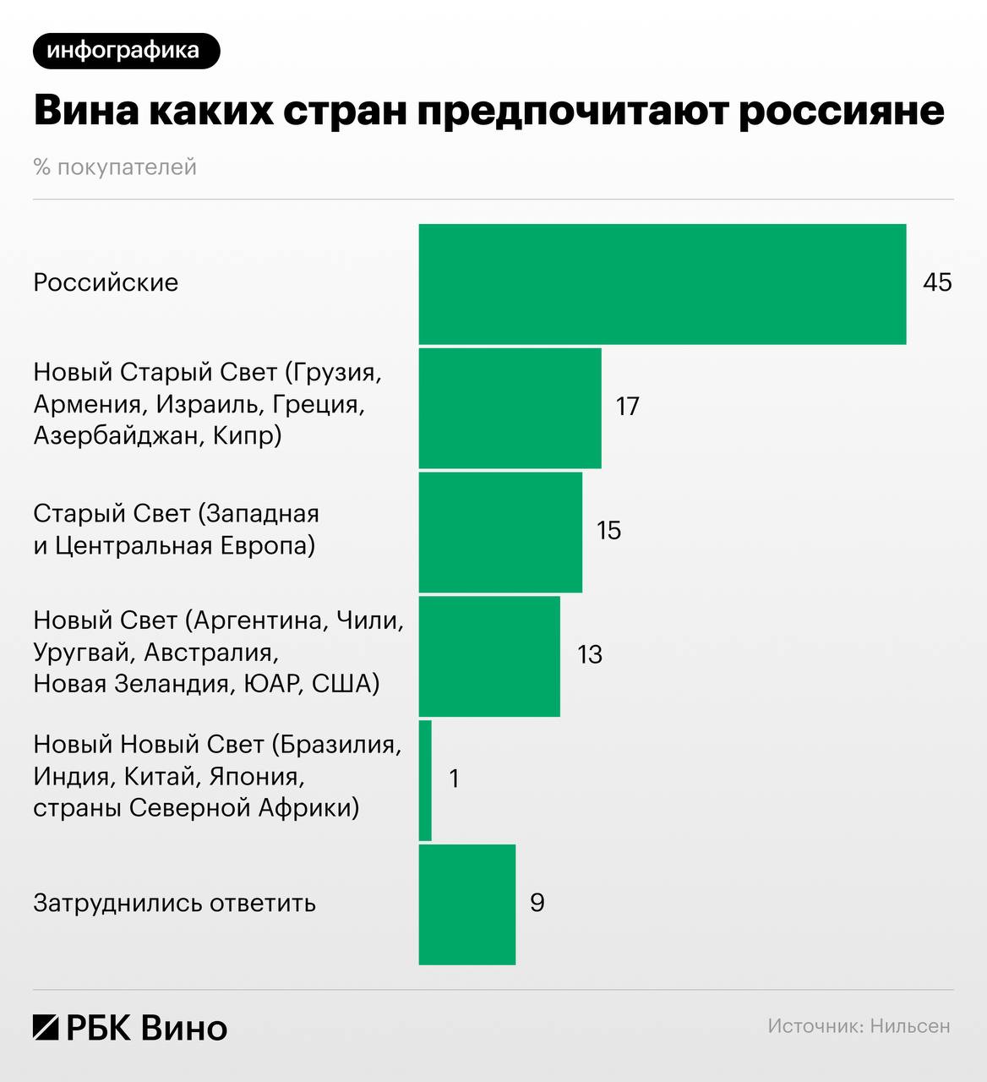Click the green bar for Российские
click(x=663, y=284)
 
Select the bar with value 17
click(x=510, y=407)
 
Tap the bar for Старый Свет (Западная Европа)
click(x=500, y=532)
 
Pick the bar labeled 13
click(x=489, y=656)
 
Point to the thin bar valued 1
click(x=425, y=780)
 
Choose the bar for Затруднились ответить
click(x=467, y=904)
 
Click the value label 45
click(x=937, y=282)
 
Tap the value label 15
click(x=608, y=531)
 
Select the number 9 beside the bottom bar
click(x=537, y=903)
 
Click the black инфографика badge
click(x=126, y=51)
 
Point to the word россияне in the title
click(x=842, y=112)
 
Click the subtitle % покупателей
click(x=115, y=167)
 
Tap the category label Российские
click(x=106, y=282)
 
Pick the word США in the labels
click(x=345, y=683)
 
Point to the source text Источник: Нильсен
click(x=859, y=1026)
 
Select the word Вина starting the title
click(x=85, y=112)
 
